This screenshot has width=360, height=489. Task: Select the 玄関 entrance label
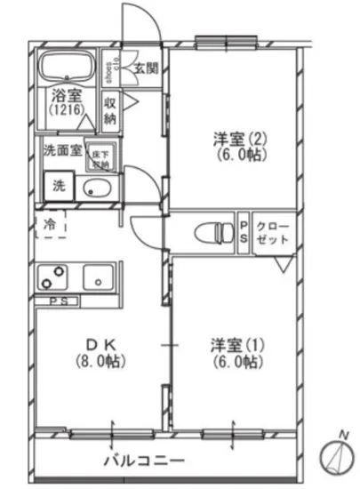tap(146, 67)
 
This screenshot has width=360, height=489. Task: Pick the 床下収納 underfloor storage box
tap(102, 157)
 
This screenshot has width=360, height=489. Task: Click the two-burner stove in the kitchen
tap(54, 278)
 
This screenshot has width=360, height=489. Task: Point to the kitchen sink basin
tap(95, 278)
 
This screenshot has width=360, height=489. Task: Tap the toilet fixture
tap(210, 234)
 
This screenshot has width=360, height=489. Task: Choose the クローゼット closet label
tap(272, 233)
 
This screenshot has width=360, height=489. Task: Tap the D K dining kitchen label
tap(100, 345)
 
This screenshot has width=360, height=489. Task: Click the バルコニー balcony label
tap(144, 461)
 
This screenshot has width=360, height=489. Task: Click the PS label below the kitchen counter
tap(58, 301)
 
